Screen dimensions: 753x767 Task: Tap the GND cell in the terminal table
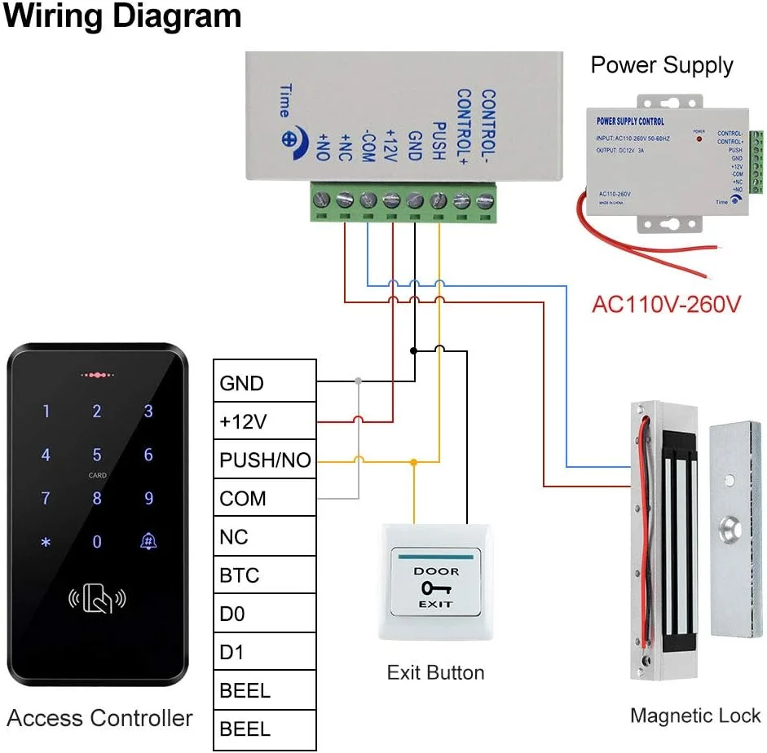pos(264,383)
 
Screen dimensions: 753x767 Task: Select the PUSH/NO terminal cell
pos(264,460)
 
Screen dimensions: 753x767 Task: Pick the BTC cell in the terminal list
pos(264,575)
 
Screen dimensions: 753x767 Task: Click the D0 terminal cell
pos(264,614)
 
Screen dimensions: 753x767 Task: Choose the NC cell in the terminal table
pos(264,537)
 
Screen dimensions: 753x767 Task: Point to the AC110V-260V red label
pos(666,305)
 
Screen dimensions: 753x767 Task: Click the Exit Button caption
pos(435,673)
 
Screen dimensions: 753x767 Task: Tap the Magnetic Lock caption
pos(695,716)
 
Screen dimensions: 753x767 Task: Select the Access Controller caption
pos(99,718)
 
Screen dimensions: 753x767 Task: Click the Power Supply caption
pos(662,65)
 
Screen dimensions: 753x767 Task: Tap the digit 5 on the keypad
pos(97,454)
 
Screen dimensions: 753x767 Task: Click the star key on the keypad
pos(46,542)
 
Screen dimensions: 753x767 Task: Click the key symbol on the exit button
pos(436,588)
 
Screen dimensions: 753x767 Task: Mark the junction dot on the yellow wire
pos(413,461)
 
